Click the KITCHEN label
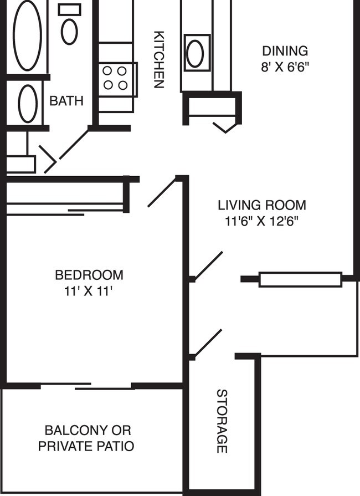159,59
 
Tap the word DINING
285,52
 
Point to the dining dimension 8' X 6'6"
285,68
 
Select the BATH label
66,101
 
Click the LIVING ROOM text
261,205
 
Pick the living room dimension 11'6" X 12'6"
261,221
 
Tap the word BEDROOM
89,274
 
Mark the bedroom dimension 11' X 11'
89,291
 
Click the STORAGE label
222,421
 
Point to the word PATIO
112,446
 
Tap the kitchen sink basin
196,53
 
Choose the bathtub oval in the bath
27,36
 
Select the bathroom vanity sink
28,104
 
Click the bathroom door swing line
74,145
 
